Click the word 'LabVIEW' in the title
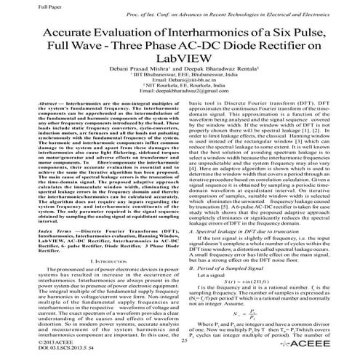pyautogui.click(x=180, y=65)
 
